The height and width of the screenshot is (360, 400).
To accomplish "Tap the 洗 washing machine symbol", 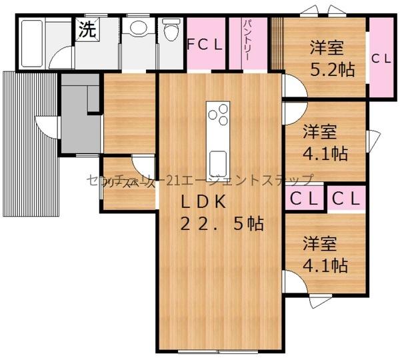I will point(87,29).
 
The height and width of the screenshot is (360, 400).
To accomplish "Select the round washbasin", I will point(138,28).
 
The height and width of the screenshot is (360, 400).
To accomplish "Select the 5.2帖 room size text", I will point(331,69).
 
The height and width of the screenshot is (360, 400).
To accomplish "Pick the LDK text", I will point(205,200).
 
